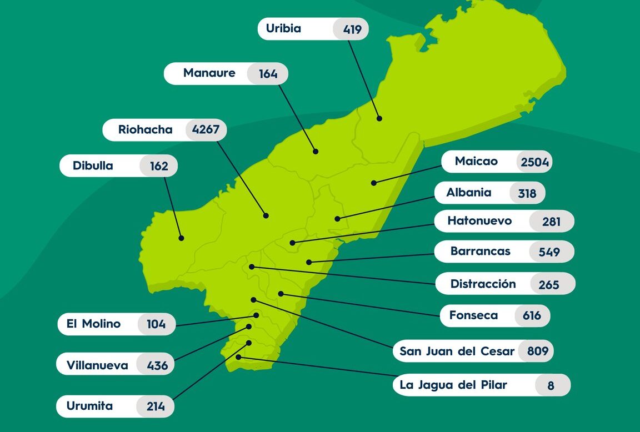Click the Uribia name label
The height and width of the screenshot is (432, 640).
283,28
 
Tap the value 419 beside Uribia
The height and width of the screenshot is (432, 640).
352,29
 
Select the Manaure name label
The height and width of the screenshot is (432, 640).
209,73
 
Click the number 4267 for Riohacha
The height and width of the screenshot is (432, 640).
206,130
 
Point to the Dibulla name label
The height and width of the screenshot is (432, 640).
93,165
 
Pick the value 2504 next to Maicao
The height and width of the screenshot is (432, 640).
534,162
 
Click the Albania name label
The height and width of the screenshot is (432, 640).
469,193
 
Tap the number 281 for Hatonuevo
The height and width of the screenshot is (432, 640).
552,222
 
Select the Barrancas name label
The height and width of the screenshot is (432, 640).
480,251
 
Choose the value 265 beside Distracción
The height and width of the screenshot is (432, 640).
549,285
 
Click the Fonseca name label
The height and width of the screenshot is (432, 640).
473,315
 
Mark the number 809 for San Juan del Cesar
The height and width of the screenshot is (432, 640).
537,351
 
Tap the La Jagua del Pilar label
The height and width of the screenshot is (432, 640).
453,385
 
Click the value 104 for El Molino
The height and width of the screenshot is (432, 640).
156,324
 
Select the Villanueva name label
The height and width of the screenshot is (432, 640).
97,365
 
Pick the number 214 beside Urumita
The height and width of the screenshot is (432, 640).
156,406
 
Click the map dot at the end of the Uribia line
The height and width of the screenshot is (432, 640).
379,118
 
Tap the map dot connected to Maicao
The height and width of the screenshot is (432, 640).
374,183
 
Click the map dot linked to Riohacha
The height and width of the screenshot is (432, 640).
266,215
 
